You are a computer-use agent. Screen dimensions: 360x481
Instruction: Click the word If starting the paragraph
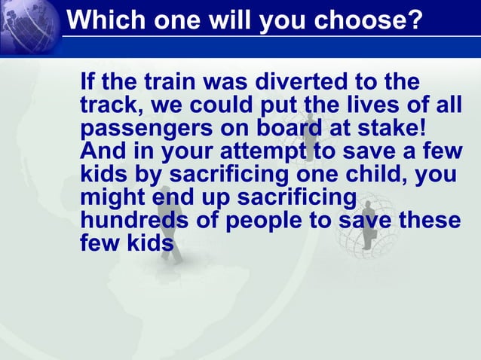(87, 81)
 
